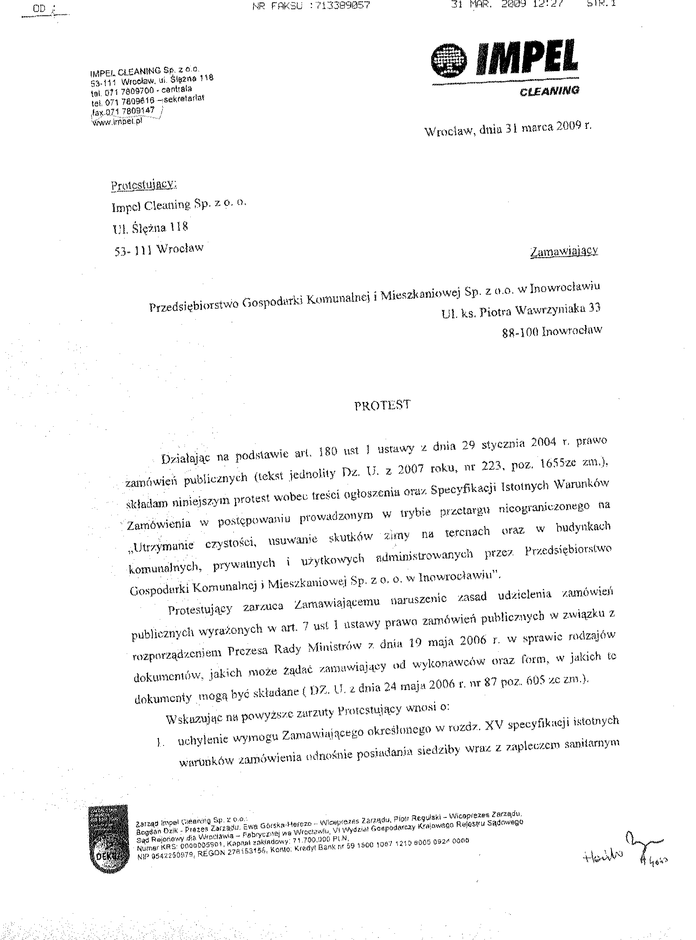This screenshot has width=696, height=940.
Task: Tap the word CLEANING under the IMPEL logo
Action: [549, 91]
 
